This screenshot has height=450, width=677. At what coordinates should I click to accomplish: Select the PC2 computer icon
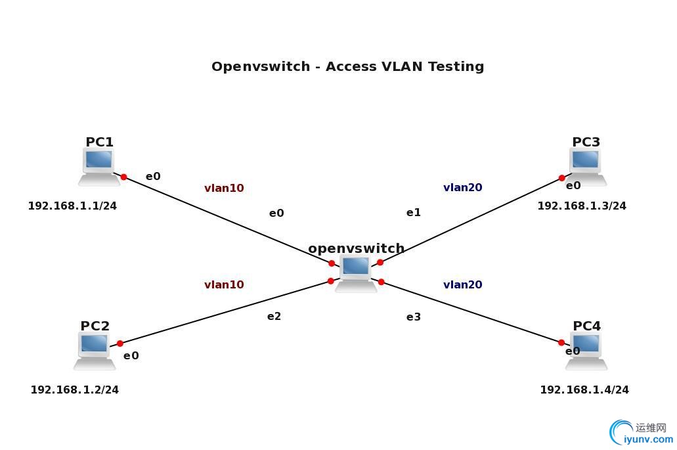[95, 350]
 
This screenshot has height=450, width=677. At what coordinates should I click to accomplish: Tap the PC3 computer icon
[586, 166]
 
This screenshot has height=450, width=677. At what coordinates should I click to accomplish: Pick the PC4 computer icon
[586, 350]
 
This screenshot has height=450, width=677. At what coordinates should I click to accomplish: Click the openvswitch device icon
[356, 273]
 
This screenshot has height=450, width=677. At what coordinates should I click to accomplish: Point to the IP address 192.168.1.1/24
[72, 206]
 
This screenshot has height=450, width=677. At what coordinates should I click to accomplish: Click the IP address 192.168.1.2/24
[75, 390]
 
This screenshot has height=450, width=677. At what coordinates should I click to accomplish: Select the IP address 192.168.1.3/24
[582, 206]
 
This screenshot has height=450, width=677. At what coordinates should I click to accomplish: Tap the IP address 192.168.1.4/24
[584, 390]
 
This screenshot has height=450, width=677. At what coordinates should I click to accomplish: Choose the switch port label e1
[413, 213]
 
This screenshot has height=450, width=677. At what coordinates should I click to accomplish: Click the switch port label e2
[274, 317]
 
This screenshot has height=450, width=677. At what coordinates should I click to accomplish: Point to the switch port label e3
[413, 317]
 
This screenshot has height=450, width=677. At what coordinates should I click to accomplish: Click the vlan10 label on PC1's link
[224, 189]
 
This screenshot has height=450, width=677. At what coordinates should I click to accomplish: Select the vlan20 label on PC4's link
[463, 285]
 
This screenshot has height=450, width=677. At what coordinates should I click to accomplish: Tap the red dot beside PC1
[123, 177]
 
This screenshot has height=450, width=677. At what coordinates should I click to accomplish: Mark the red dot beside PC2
[120, 344]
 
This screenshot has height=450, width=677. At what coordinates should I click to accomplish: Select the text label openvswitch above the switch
[356, 249]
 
